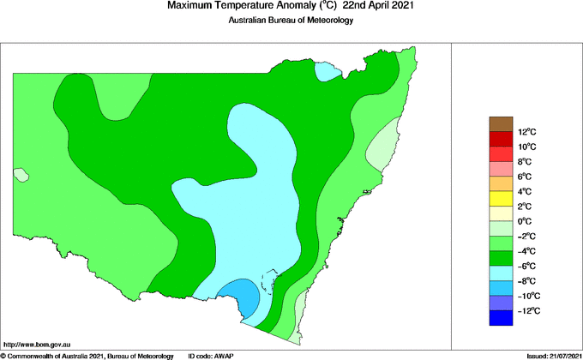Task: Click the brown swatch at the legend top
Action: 502,124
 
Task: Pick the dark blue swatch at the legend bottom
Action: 502,318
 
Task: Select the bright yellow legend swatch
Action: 502,199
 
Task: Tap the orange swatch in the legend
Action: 502,183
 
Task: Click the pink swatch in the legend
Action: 502,169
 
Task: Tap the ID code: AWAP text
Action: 211,355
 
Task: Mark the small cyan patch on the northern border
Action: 326,71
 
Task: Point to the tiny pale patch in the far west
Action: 21,175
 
